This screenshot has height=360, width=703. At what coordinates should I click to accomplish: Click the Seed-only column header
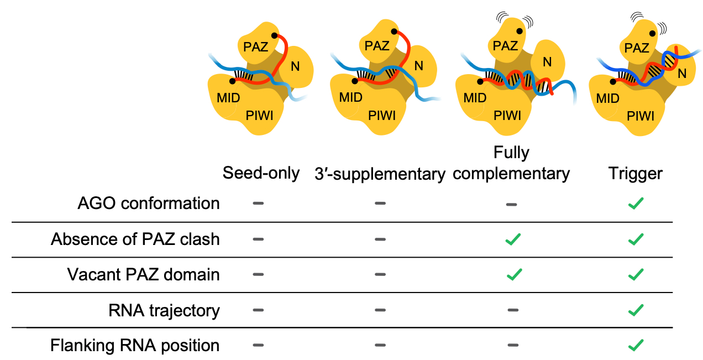(261, 173)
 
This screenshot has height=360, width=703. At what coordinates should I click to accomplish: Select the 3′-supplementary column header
(379, 174)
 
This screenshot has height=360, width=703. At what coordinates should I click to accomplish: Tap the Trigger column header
(636, 174)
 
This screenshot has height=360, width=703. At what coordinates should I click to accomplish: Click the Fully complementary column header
(515, 163)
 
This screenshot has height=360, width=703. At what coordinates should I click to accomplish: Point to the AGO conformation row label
(149, 204)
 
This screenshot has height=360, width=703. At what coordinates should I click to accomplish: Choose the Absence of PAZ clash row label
(135, 239)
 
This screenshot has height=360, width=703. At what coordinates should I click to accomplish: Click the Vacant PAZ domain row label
(143, 274)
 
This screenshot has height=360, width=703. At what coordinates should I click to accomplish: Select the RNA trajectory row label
(164, 310)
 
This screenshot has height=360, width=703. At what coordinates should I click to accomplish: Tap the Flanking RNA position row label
(135, 346)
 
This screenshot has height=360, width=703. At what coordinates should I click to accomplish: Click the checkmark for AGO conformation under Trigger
(636, 204)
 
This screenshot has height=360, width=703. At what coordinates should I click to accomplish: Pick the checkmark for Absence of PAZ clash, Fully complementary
(514, 239)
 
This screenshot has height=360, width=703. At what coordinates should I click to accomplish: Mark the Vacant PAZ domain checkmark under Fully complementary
(514, 275)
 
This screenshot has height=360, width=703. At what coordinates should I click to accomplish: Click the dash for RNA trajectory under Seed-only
(258, 311)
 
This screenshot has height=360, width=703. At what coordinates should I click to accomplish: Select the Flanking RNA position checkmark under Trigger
(636, 346)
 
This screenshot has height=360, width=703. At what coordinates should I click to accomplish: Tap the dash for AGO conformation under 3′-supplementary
(380, 204)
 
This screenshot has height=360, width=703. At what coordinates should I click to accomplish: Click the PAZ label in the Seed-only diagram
(255, 47)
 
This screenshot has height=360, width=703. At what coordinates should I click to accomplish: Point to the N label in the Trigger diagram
(683, 72)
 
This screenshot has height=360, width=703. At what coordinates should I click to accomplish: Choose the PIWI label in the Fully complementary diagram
(507, 116)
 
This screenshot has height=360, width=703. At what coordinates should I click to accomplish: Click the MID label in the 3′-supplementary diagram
(350, 98)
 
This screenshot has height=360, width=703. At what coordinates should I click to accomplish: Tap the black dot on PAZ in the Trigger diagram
(653, 34)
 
